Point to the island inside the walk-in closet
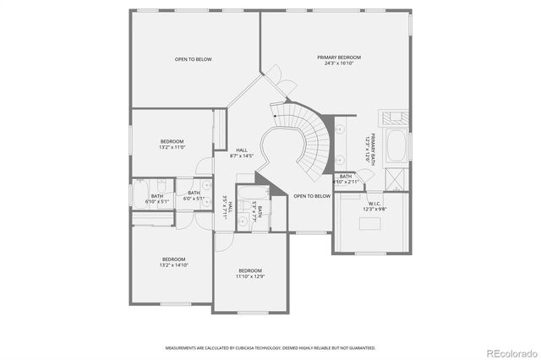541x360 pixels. (368, 224)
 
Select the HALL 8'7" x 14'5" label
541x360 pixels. (242, 153)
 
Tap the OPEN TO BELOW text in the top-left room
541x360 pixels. (193, 59)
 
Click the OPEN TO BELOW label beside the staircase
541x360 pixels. (311, 196)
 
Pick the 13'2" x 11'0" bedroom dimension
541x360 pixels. (172, 147)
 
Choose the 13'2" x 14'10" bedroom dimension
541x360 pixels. (174, 265)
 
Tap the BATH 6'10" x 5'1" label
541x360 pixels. (157, 199)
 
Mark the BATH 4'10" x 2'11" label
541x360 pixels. (346, 179)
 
